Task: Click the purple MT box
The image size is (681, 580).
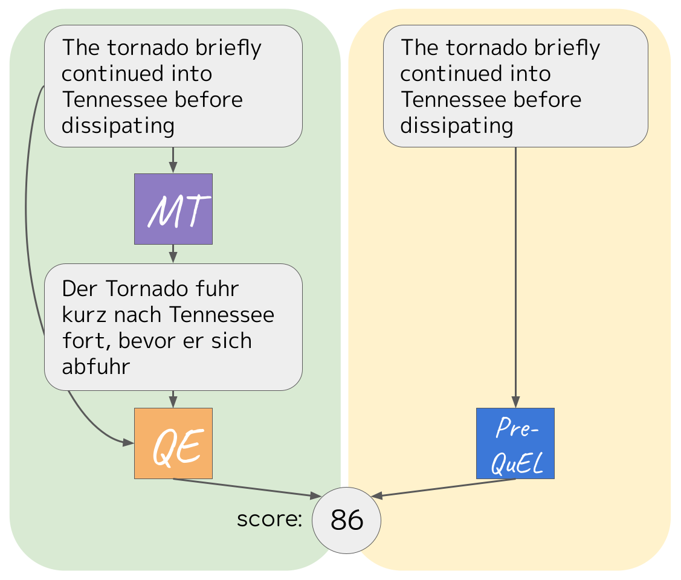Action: pyautogui.click(x=173, y=209)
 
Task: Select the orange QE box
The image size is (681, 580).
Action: pyautogui.click(x=173, y=443)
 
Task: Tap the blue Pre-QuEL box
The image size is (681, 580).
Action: pyautogui.click(x=515, y=443)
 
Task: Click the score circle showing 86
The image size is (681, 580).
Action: pyautogui.click(x=346, y=520)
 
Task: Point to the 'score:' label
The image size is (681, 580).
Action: pyautogui.click(x=269, y=519)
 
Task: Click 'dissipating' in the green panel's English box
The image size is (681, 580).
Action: pyautogui.click(x=118, y=126)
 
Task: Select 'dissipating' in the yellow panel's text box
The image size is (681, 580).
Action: pyautogui.click(x=456, y=126)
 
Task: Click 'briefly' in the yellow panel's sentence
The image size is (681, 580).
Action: pyautogui.click(x=561, y=48)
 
